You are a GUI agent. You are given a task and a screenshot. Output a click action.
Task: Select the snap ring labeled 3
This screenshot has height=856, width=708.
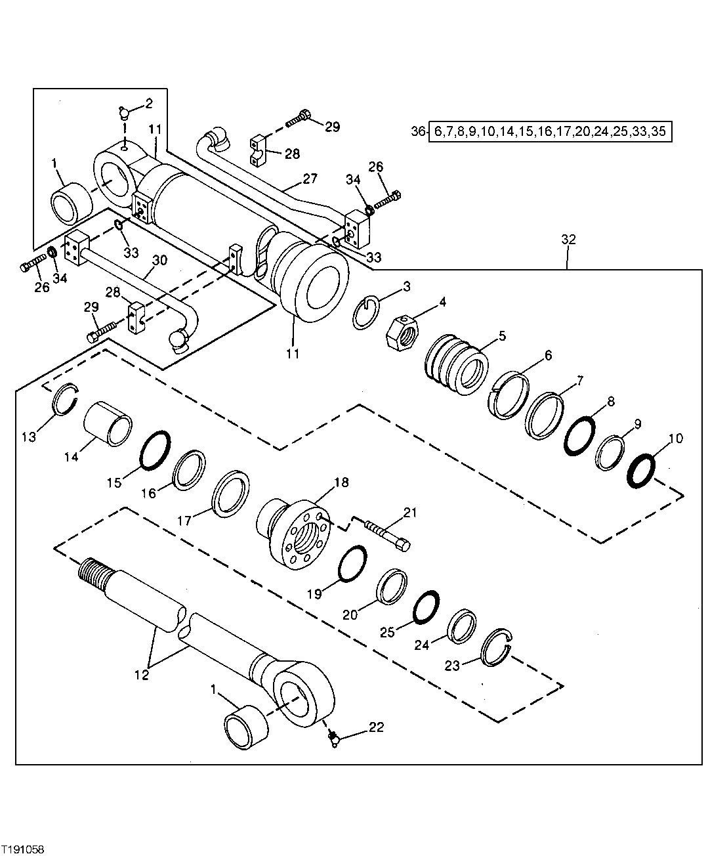pyautogui.click(x=365, y=312)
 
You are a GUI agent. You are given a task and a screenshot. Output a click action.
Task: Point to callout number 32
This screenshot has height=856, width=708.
pyautogui.click(x=568, y=240)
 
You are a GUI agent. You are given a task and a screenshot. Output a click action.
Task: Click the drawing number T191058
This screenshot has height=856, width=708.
pyautogui.click(x=23, y=849)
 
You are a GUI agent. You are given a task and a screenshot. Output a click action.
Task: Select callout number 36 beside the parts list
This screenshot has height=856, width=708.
pyautogui.click(x=418, y=131)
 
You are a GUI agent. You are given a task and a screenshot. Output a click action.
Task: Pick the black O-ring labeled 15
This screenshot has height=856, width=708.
pyautogui.click(x=156, y=450)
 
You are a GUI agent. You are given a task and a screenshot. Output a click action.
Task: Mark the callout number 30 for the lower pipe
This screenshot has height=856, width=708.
pyautogui.click(x=159, y=261)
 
